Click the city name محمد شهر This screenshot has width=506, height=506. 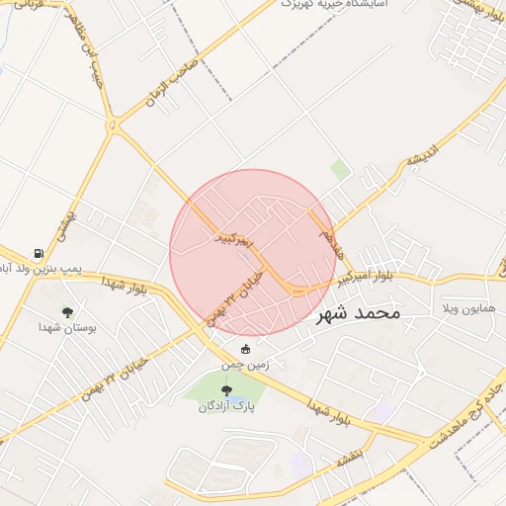pos(359,314)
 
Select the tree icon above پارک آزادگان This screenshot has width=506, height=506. pos(227,390)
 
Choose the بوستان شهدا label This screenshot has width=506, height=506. pos(66,327)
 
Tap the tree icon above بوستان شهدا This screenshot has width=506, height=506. pos(67,311)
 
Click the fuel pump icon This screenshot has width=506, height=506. pos(38,253)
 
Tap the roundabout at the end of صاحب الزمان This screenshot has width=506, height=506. pos(113,126)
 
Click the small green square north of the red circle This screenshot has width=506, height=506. pos(340,170)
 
